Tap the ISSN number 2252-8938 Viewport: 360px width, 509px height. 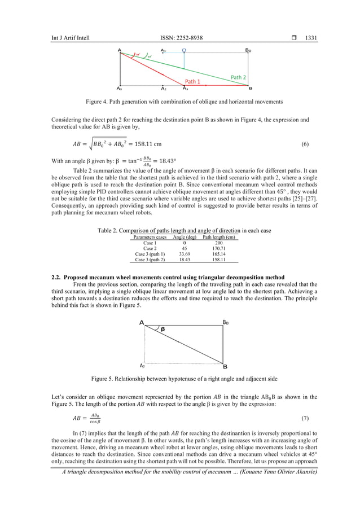[182, 38]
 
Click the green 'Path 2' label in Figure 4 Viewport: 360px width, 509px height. [238, 77]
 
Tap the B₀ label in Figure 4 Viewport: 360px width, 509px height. [248, 51]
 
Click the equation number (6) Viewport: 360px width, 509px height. [305, 144]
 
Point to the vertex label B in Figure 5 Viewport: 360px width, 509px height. [225, 366]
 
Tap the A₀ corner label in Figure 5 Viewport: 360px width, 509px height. [142, 365]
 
